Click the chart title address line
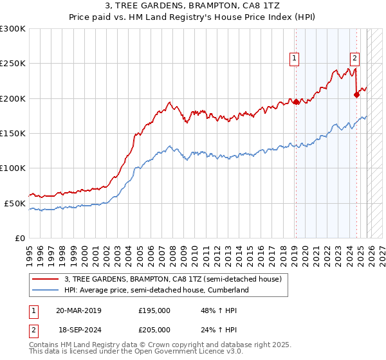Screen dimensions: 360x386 click(193, 6)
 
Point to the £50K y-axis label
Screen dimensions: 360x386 click(15, 203)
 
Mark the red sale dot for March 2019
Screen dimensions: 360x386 click(296, 102)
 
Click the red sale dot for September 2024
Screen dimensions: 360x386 click(356, 94)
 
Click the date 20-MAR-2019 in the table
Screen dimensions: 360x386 click(78, 310)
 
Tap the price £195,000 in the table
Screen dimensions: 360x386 click(154, 310)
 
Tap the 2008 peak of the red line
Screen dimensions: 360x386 click(169, 102)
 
